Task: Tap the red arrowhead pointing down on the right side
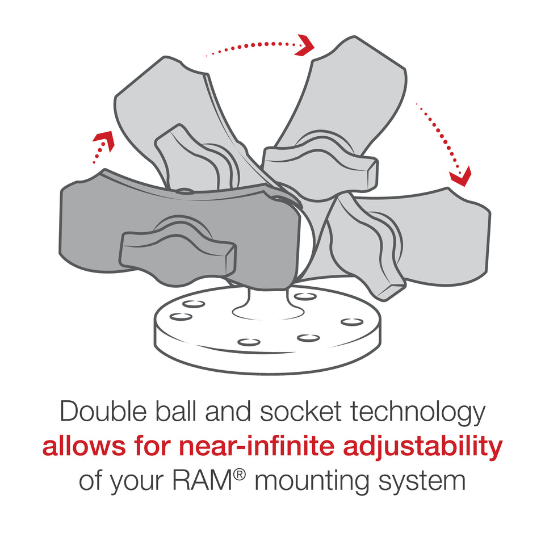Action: (460, 177)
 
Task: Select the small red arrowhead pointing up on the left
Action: (103, 139)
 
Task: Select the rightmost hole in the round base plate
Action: (351, 322)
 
